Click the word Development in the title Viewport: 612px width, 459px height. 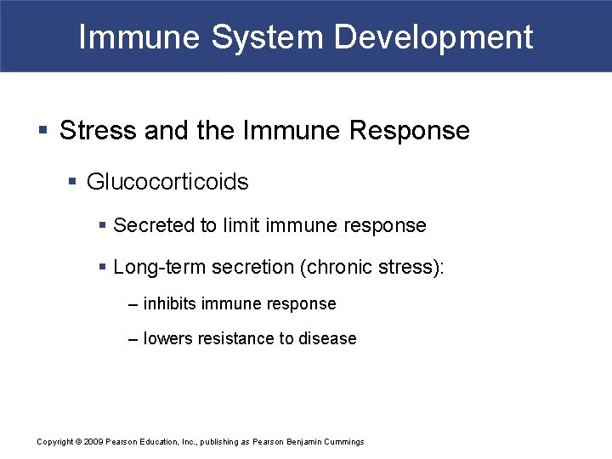tap(434, 37)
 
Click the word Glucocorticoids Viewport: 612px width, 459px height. tap(167, 182)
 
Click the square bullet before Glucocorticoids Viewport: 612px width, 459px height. tap(74, 182)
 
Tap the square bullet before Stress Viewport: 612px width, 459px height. tap(43, 131)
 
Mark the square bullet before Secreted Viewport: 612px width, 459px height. tap(103, 225)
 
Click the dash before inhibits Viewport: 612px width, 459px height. tap(133, 303)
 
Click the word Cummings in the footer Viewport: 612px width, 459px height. tap(343, 442)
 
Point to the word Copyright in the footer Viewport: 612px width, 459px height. tap(54, 442)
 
